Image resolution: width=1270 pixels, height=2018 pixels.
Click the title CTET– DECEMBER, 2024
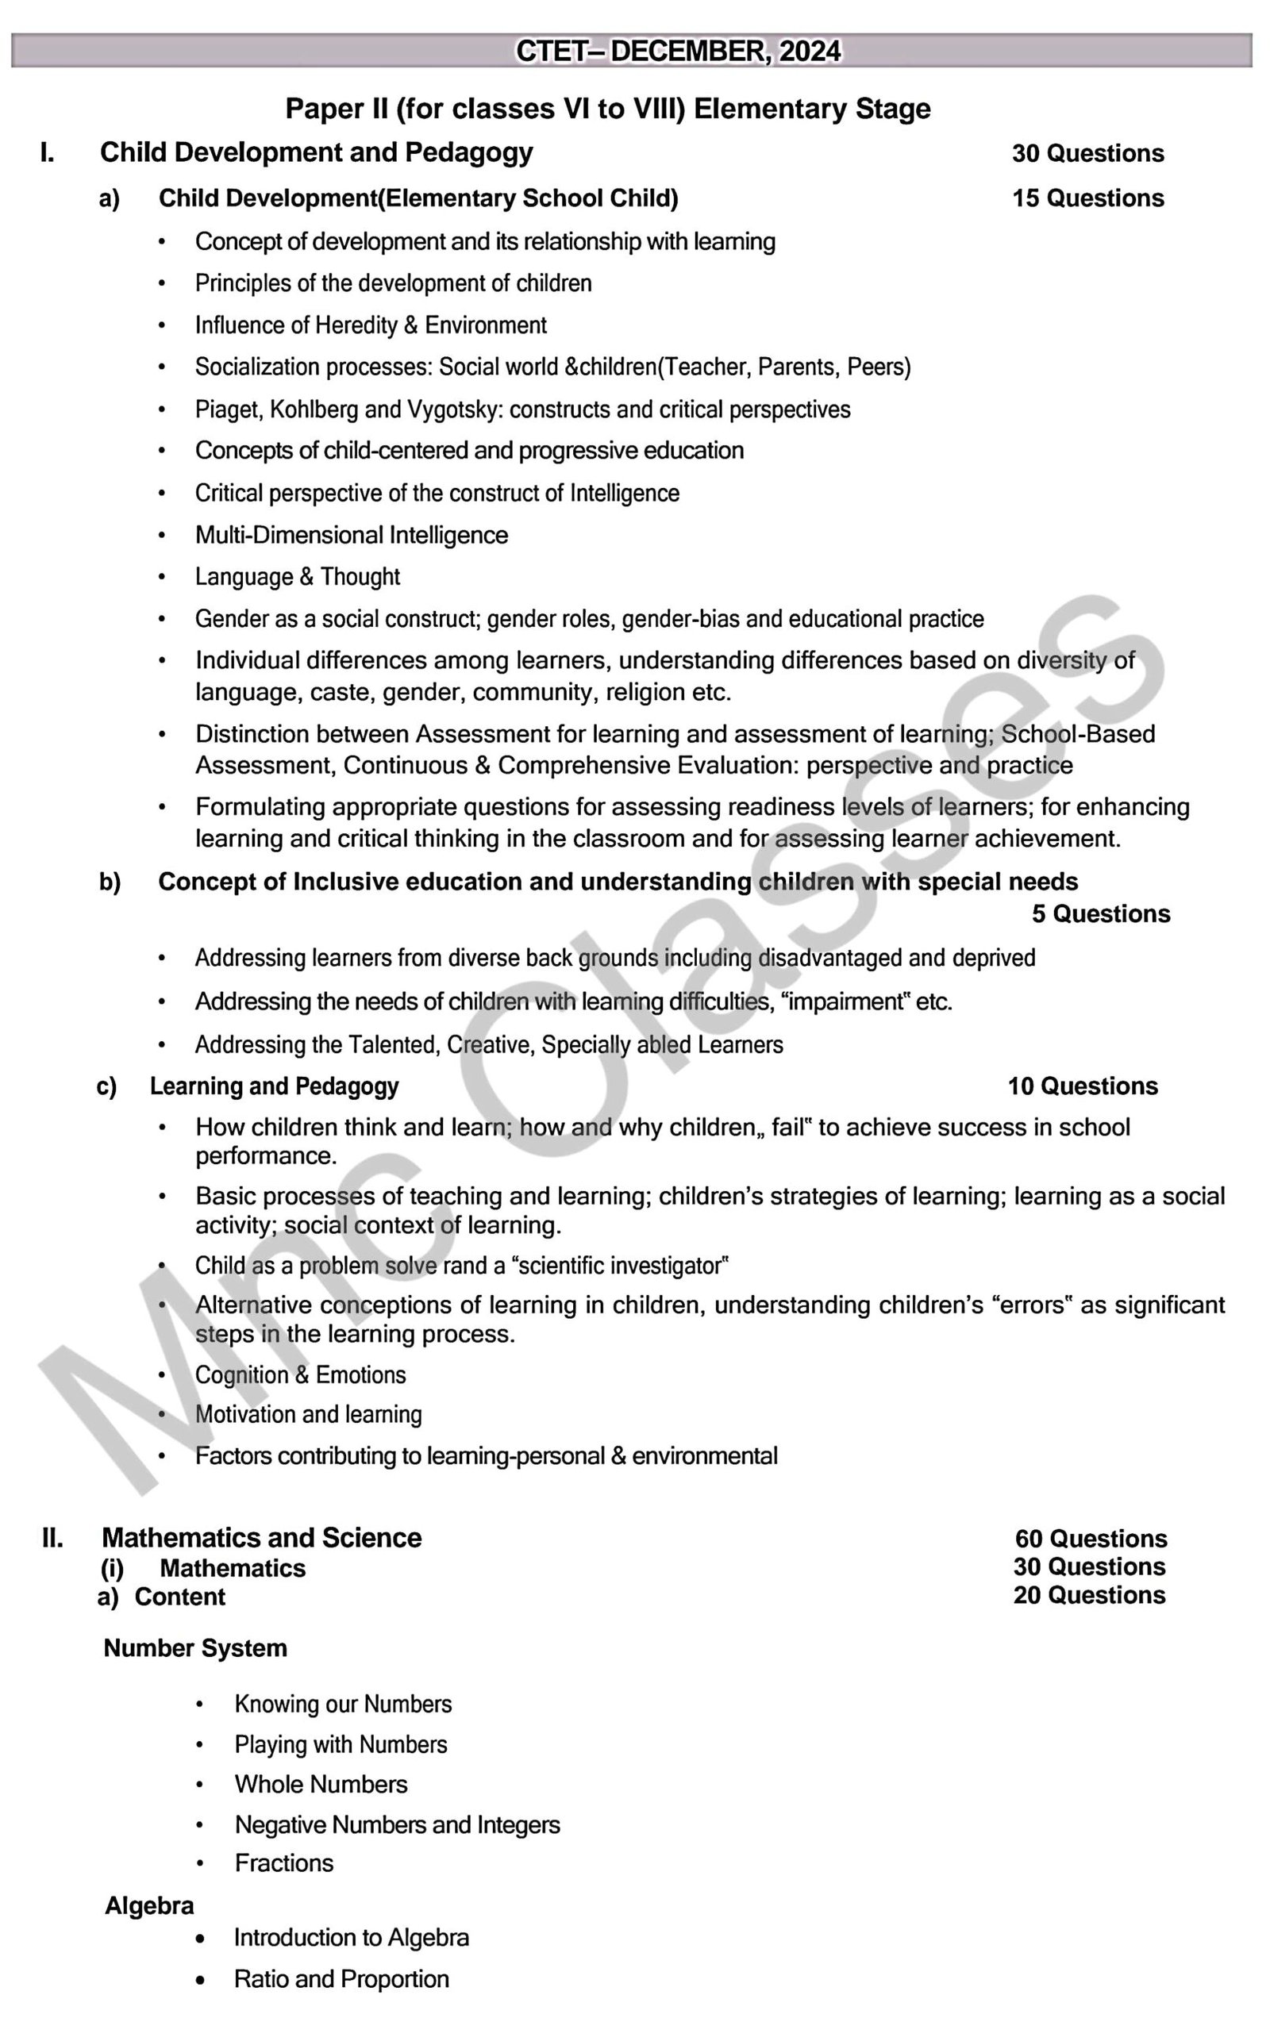pyautogui.click(x=677, y=51)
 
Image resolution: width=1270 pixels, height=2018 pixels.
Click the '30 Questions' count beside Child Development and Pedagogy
pyautogui.click(x=1087, y=153)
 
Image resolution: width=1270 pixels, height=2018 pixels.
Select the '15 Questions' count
pyautogui.click(x=1087, y=198)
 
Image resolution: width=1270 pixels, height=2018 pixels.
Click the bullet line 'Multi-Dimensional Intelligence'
pyautogui.click(x=352, y=536)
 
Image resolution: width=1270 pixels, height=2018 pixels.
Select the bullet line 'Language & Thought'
pyautogui.click(x=298, y=578)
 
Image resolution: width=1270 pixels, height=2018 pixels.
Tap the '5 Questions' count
pyautogui.click(x=1100, y=914)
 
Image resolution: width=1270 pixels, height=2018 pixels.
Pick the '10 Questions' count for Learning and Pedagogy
pyautogui.click(x=1082, y=1087)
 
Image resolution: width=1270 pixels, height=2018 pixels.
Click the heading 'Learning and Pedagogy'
pyautogui.click(x=274, y=1087)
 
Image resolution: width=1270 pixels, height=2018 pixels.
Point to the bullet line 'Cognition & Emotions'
pyautogui.click(x=300, y=1375)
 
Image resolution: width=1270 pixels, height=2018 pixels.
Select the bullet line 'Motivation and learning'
pyautogui.click(x=309, y=1415)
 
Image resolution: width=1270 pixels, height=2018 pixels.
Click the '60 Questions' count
pyautogui.click(x=1091, y=1539)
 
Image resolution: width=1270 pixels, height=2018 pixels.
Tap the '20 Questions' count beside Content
pyautogui.click(x=1089, y=1596)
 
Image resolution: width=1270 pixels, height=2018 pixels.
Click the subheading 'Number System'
pyautogui.click(x=195, y=1648)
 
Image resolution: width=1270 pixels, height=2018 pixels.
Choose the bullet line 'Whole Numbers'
pyautogui.click(x=321, y=1785)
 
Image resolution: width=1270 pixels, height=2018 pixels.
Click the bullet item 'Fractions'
pyautogui.click(x=284, y=1863)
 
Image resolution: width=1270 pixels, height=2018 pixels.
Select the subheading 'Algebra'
pyautogui.click(x=149, y=1905)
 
